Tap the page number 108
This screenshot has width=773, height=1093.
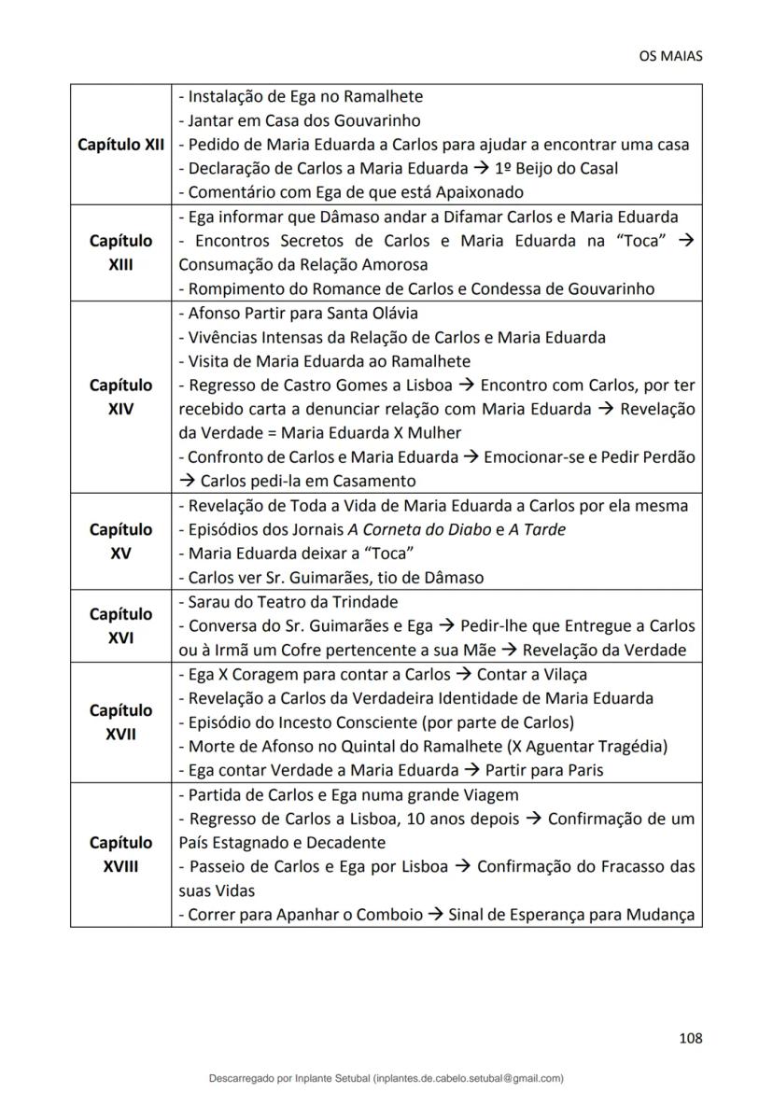pyautogui.click(x=690, y=1037)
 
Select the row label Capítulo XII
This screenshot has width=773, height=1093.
pyautogui.click(x=120, y=145)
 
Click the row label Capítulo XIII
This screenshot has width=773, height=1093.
pyautogui.click(x=120, y=252)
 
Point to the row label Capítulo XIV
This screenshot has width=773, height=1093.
pyautogui.click(x=120, y=397)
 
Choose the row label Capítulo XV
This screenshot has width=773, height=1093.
pyautogui.click(x=120, y=541)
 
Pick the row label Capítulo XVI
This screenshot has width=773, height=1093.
pyautogui.click(x=120, y=625)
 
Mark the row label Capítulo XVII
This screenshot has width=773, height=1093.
pyautogui.click(x=120, y=722)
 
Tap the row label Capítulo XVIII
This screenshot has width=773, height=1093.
pyautogui.click(x=120, y=854)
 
